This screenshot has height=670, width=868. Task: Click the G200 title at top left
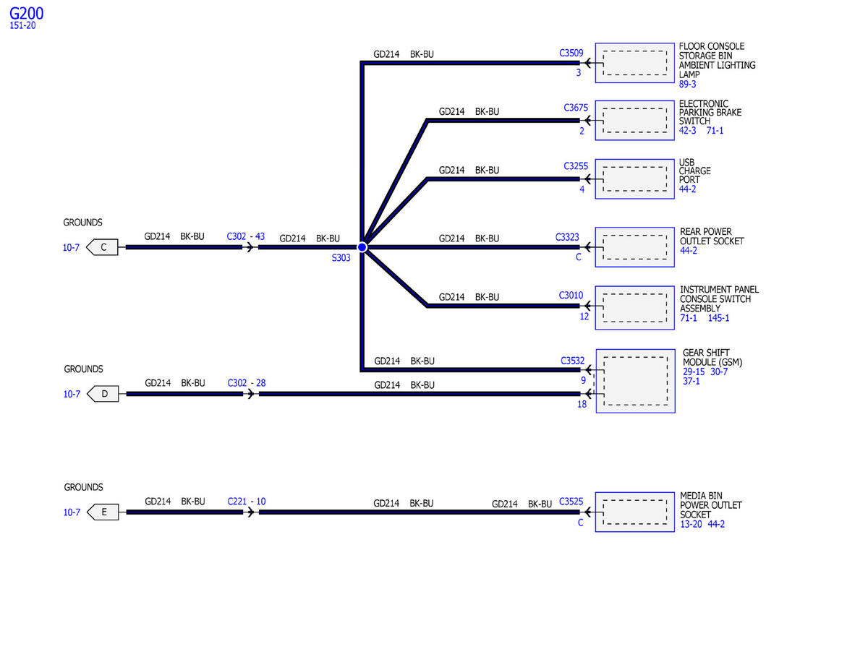[x=26, y=14]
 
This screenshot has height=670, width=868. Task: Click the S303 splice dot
[x=362, y=247]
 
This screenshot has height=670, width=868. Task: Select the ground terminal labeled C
[x=103, y=248]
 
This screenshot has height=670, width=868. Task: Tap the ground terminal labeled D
[x=103, y=394]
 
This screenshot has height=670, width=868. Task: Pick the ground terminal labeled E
[x=103, y=512]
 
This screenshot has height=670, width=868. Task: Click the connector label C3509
[x=571, y=53]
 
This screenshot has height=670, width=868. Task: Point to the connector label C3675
[x=576, y=108]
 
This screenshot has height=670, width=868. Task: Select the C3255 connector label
[x=576, y=166]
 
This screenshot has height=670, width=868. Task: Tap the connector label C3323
[x=567, y=237]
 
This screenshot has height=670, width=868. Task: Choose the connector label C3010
[x=571, y=295]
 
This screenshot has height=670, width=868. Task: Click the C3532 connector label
[x=572, y=360]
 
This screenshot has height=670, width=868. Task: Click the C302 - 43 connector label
[x=246, y=236]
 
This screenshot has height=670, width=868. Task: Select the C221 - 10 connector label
[x=246, y=502]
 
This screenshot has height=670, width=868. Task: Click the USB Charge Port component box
[x=634, y=179]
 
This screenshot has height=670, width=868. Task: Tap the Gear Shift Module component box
[x=634, y=381]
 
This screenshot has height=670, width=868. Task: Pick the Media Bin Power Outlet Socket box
[x=634, y=512]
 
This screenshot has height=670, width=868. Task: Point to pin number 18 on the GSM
[x=582, y=405]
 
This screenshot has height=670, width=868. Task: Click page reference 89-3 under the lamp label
[x=687, y=85]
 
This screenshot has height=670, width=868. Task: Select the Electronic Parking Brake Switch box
[x=634, y=120]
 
